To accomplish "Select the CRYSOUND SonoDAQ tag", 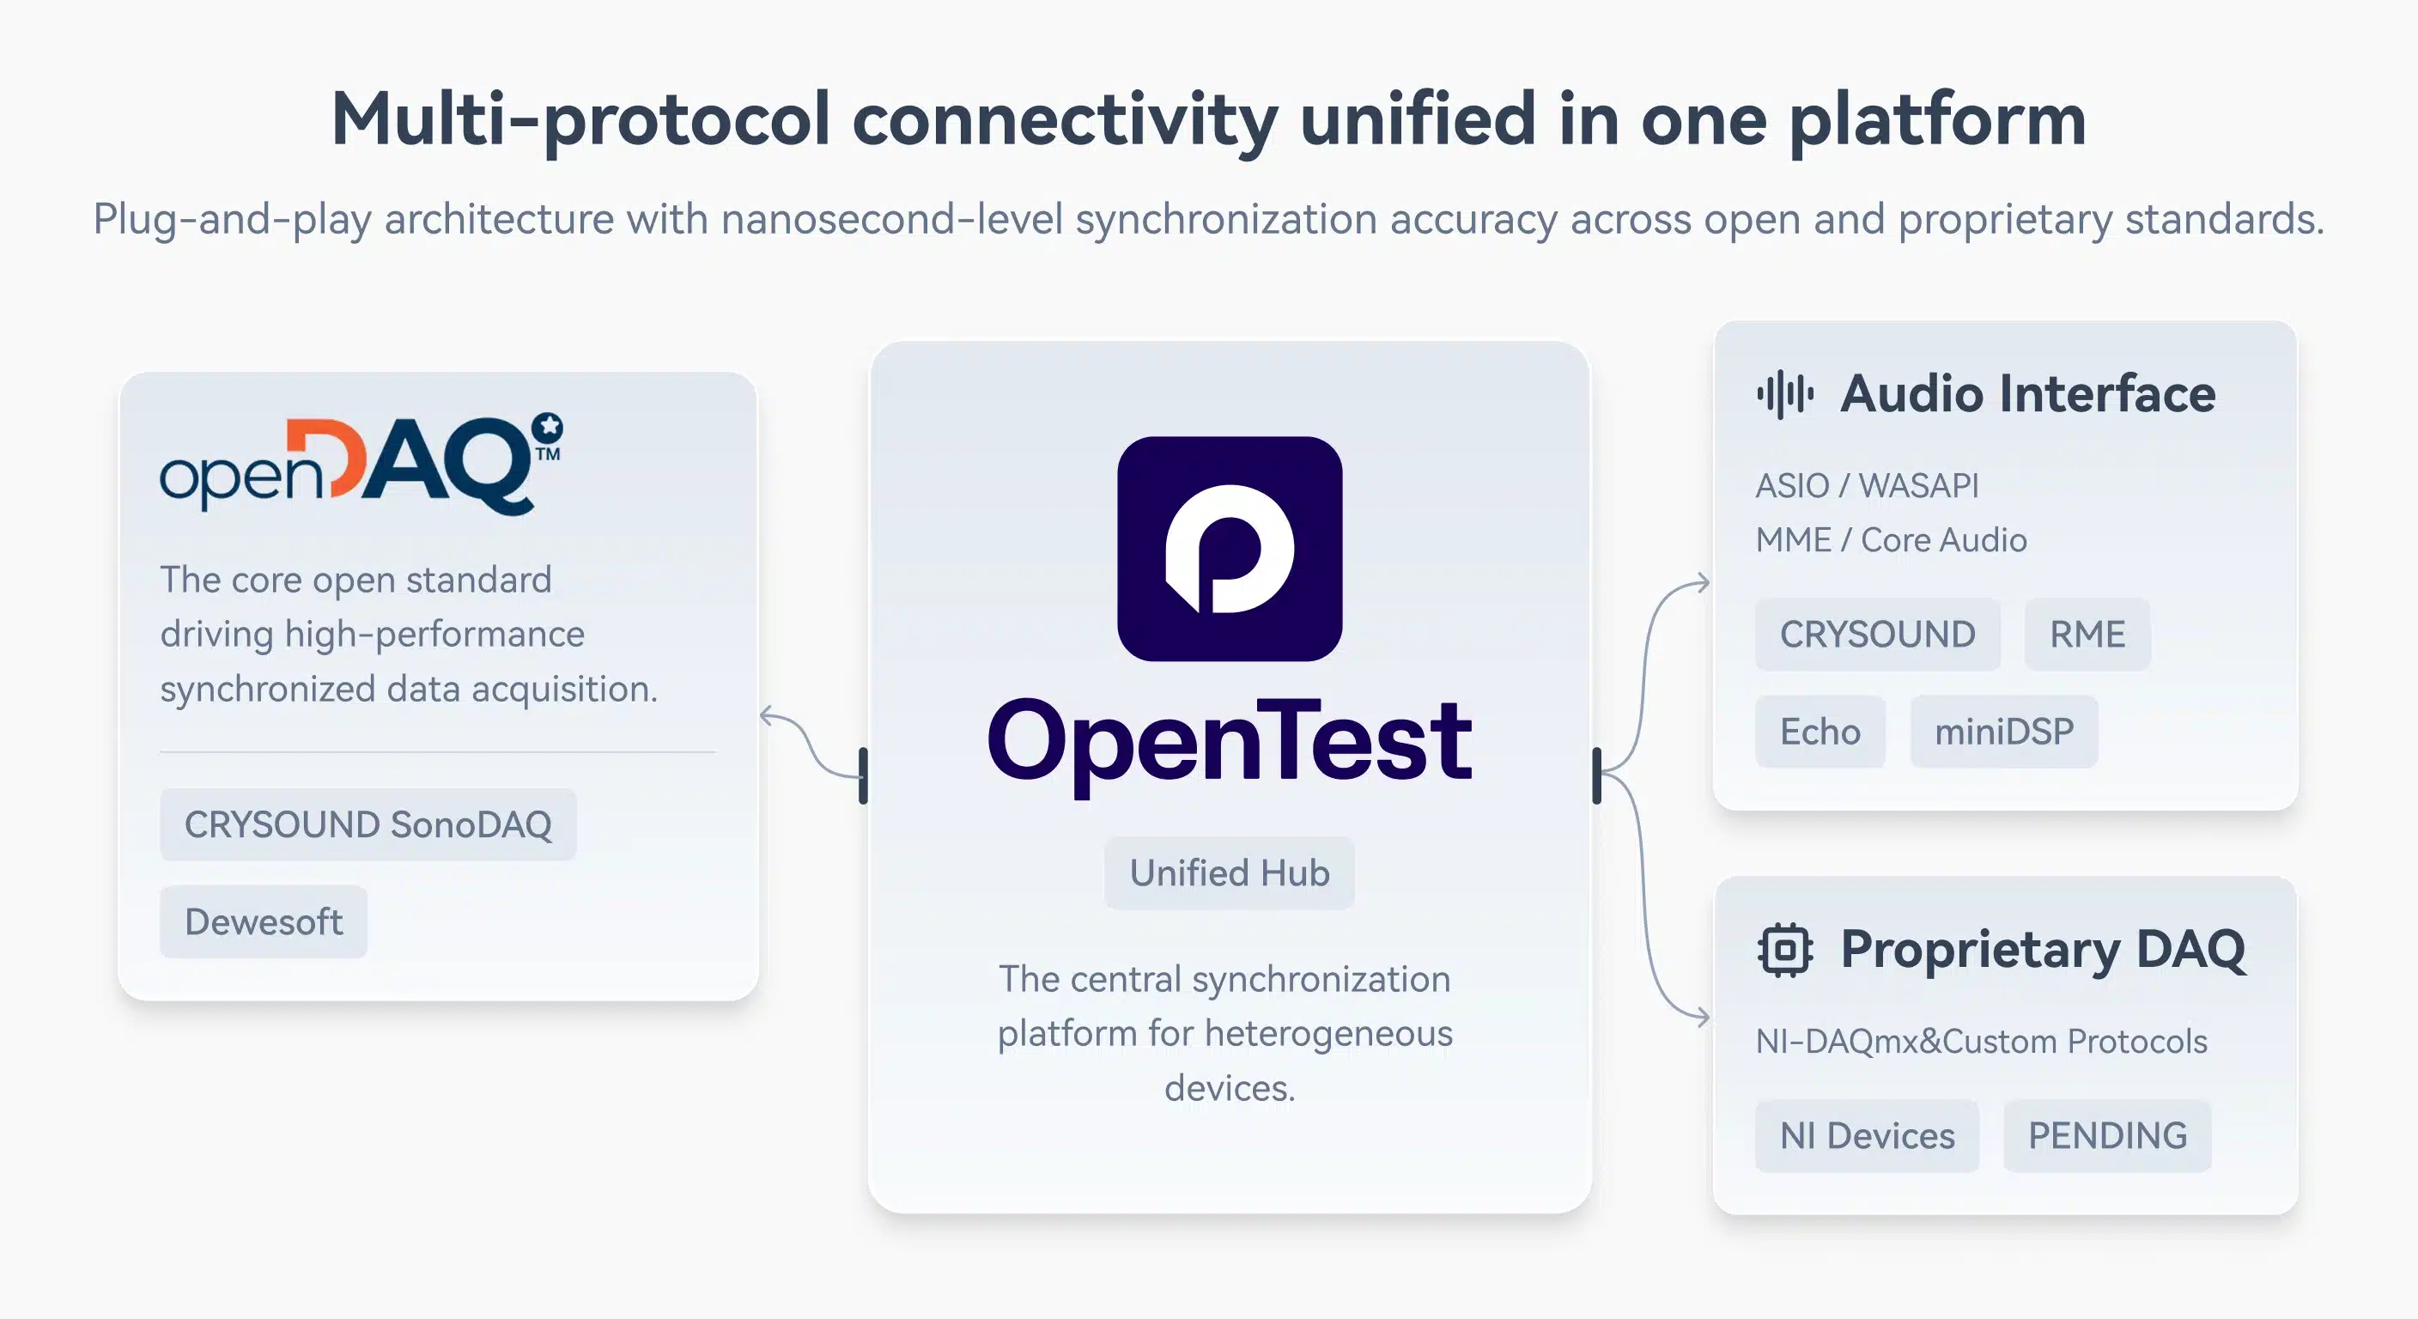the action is point(368,824).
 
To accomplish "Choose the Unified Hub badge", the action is point(1230,873).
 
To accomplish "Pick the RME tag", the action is point(2087,635).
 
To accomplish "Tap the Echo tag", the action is point(1820,732).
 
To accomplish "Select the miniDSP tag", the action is point(2004,732).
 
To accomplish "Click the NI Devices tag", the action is point(1867,1136).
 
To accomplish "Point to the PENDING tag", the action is point(2107,1136).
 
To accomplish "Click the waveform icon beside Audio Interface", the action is point(1784,394).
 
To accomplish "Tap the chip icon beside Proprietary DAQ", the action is point(1784,951).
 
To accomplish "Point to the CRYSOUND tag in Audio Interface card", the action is point(1877,635).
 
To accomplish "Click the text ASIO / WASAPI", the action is point(1867,485).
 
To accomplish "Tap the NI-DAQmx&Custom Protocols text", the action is point(1982,1041).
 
